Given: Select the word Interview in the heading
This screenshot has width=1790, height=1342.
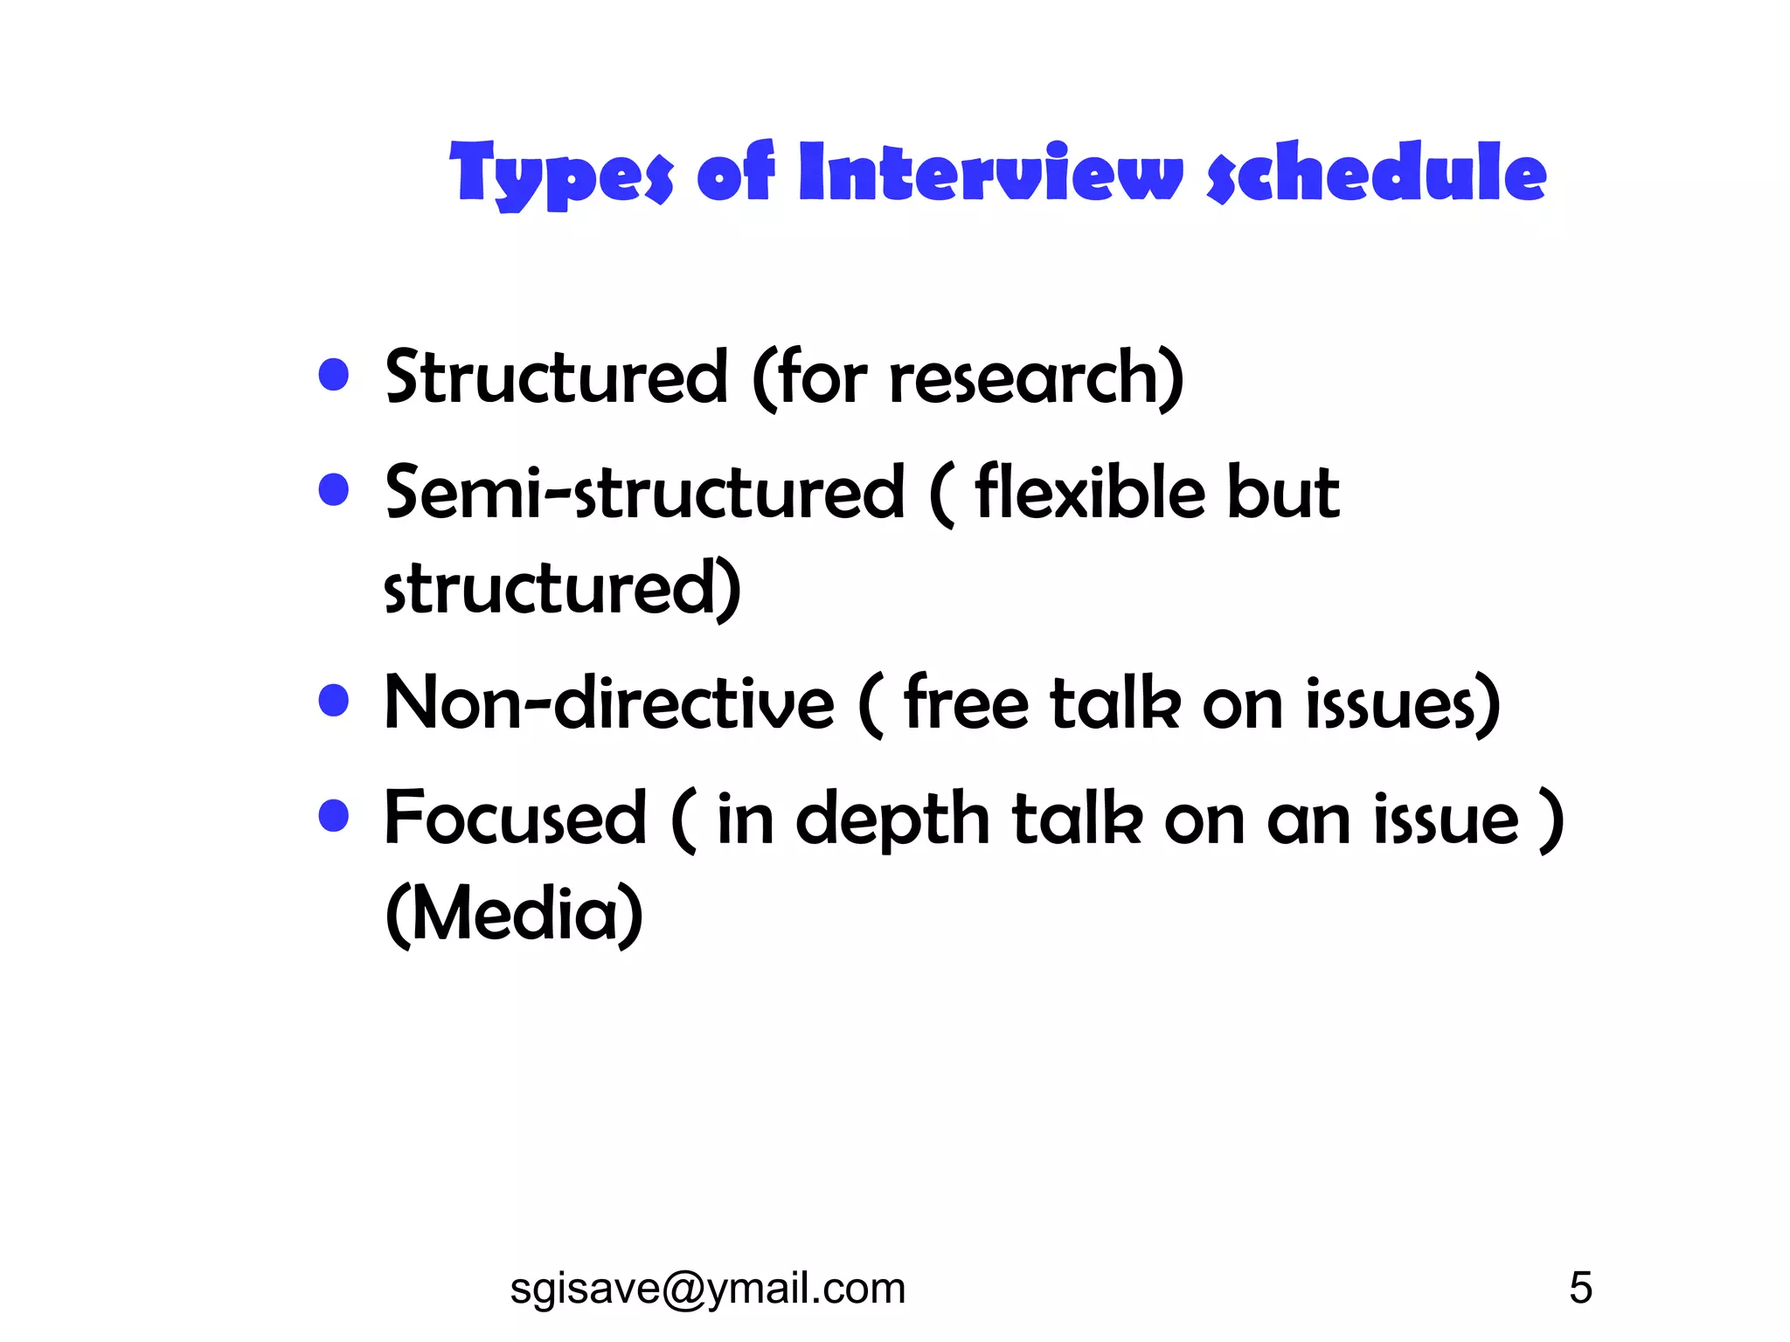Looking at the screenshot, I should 990,172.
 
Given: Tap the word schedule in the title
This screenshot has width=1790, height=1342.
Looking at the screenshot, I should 1377,172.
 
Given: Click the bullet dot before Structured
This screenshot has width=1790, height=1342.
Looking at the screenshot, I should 334,376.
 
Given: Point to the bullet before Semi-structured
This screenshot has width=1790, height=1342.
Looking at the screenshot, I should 334,490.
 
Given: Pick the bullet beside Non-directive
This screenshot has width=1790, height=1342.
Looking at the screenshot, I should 334,701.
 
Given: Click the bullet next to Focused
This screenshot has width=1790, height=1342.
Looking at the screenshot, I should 334,816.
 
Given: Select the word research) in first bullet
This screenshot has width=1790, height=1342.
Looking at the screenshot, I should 1037,377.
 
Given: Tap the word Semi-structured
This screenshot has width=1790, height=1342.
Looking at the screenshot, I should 644,493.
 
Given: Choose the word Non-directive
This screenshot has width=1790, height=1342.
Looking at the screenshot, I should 609,702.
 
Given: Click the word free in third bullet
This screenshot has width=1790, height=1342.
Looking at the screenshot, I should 966,702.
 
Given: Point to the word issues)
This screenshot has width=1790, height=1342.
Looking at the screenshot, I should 1404,704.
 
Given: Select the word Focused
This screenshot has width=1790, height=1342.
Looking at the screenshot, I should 516,818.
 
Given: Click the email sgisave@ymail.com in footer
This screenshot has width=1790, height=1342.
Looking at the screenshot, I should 707,1288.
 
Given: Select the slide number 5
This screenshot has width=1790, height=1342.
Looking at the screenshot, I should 1580,1288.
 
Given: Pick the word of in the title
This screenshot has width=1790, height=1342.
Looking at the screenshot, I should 735,172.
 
